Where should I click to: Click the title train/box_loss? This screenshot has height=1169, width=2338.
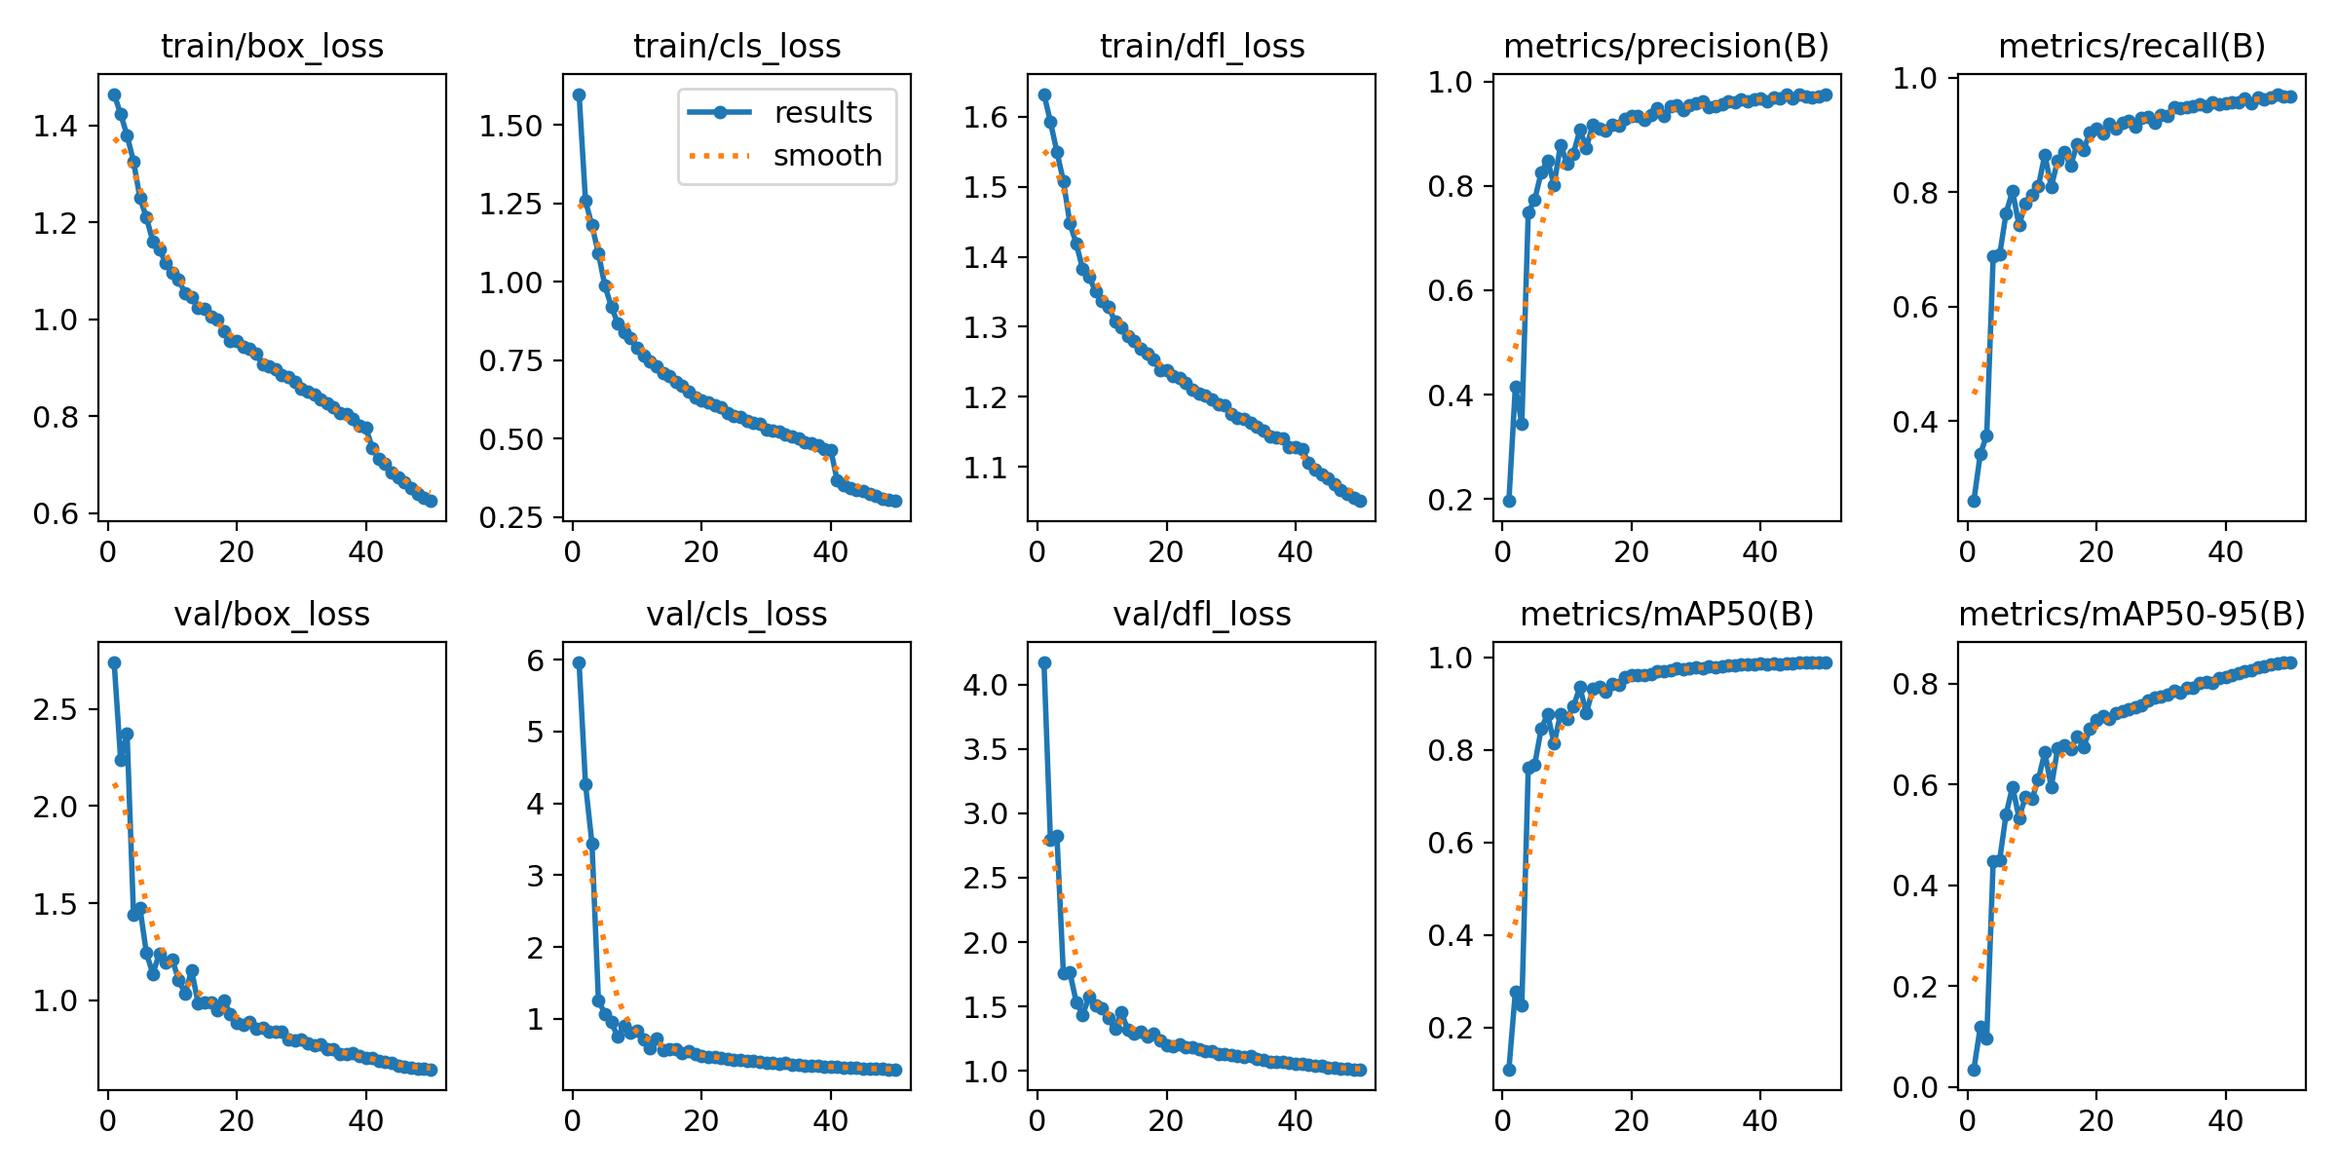pos(272,46)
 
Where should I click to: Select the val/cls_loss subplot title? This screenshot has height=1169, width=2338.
pos(736,614)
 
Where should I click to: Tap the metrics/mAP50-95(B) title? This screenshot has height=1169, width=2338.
pos(2131,614)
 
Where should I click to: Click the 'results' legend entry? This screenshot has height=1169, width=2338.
pos(823,113)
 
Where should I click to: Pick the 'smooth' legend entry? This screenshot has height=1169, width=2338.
pos(827,156)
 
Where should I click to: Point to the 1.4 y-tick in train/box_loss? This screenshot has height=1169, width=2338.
pos(55,126)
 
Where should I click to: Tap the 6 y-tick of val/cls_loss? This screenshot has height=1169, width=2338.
pos(536,660)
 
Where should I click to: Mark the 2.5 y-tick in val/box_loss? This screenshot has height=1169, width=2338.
pos(55,709)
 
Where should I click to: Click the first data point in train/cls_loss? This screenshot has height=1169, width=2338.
pos(579,94)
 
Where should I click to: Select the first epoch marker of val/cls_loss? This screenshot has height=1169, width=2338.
pos(579,662)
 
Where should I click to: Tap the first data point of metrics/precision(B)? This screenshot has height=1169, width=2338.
pos(1509,501)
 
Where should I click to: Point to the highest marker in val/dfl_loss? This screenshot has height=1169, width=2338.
pos(1044,662)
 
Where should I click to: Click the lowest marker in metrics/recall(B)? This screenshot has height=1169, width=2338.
pos(1974,501)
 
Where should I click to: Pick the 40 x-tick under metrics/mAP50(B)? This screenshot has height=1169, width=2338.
pos(1759,1120)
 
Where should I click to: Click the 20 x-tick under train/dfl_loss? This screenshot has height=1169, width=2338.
pos(1165,552)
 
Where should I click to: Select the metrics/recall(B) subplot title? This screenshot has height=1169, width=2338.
pos(2131,46)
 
